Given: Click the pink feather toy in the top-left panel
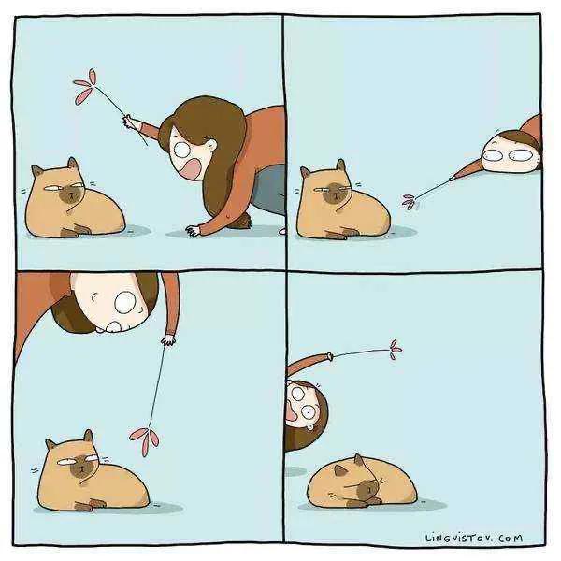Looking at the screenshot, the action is pyautogui.click(x=86, y=87).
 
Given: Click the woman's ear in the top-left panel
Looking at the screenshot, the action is pyautogui.click(x=210, y=145).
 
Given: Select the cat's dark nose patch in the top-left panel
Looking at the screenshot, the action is pyautogui.click(x=72, y=195).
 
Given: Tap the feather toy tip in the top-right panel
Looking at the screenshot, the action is pyautogui.click(x=410, y=201).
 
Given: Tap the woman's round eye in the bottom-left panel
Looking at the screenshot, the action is pyautogui.click(x=125, y=302).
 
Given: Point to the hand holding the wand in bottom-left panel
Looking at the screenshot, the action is pyautogui.click(x=168, y=339).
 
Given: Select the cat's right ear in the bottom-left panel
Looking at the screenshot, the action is pyautogui.click(x=88, y=438).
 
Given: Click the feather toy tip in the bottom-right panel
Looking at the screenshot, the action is pyautogui.click(x=395, y=349).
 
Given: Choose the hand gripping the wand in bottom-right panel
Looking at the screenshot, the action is pyautogui.click(x=329, y=356).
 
